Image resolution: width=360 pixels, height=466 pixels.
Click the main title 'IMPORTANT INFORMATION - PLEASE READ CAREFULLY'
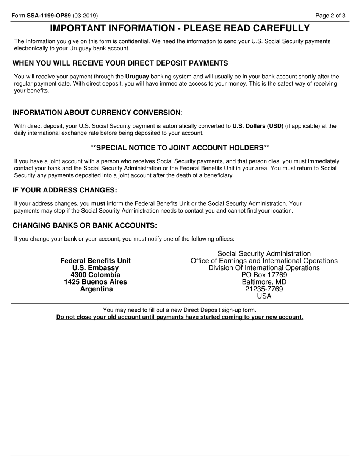[180, 28]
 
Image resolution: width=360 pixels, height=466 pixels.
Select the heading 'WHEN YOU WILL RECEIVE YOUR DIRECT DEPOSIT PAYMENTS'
[120, 63]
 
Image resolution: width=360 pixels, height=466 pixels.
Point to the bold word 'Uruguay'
[137, 77]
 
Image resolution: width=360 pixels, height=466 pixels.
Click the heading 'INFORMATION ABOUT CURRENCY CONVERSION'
[97, 113]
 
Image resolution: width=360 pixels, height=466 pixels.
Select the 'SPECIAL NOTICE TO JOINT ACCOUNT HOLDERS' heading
[180, 147]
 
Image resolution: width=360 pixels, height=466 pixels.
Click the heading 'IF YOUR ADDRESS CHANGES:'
[65, 190]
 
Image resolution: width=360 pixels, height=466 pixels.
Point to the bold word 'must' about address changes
[98, 203]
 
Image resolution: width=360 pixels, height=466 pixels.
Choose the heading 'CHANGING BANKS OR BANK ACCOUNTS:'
[85, 225]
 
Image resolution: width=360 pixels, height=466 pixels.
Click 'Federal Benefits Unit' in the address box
[95, 261]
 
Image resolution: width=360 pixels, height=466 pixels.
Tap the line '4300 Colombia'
[95, 275]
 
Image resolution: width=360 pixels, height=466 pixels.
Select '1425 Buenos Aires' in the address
[95, 282]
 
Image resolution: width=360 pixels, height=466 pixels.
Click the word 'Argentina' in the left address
[96, 289]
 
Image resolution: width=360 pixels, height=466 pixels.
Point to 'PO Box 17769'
[264, 275]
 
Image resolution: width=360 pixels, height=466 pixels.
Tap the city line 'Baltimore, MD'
[264, 282]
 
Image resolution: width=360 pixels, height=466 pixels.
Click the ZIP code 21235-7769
[264, 289]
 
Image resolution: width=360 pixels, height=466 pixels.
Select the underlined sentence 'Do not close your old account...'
[180, 317]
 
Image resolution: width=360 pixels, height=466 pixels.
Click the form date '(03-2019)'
[85, 16]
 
